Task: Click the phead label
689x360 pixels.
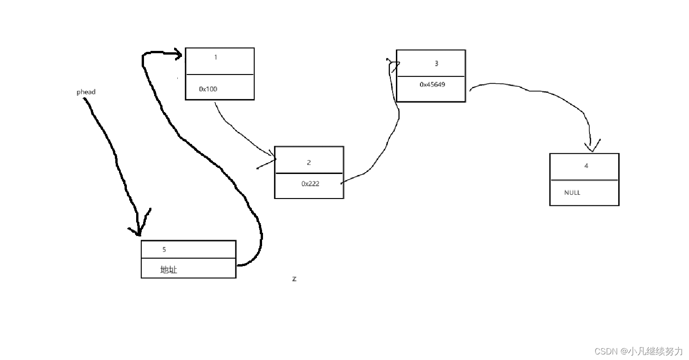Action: tap(86, 92)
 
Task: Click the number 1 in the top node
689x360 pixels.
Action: tap(216, 57)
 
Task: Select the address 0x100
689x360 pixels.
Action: tap(208, 89)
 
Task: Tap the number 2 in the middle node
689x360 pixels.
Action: tap(309, 162)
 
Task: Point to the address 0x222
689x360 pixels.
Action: tap(310, 184)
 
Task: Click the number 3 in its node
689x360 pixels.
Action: tap(436, 64)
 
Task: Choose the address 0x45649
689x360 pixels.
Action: tap(432, 85)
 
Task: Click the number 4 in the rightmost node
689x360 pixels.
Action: tap(586, 166)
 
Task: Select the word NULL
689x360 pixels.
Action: tap(572, 192)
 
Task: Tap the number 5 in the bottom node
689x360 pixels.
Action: tap(164, 249)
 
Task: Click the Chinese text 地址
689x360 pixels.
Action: tap(169, 270)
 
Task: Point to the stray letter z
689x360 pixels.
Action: tap(294, 279)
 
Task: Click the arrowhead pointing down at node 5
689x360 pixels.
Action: tap(138, 231)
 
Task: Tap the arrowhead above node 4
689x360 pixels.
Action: tap(591, 148)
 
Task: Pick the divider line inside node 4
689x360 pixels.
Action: tap(584, 180)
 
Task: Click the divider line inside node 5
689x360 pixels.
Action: tap(188, 258)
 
